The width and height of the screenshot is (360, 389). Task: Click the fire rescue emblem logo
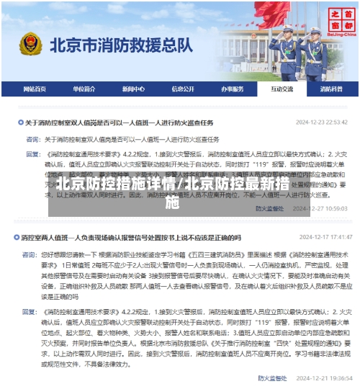click(x=31, y=45)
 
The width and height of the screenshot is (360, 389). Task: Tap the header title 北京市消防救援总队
click(x=122, y=45)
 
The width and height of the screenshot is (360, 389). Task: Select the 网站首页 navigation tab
click(x=34, y=89)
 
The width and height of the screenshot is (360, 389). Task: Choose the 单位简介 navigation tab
click(x=84, y=89)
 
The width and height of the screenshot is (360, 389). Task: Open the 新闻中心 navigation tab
click(x=132, y=89)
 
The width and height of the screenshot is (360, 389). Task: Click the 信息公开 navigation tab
click(x=182, y=89)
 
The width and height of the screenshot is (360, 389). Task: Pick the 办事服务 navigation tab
click(x=232, y=89)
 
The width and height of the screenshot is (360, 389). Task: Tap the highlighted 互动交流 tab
click(x=282, y=89)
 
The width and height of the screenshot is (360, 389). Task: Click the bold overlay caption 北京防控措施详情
click(x=116, y=184)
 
